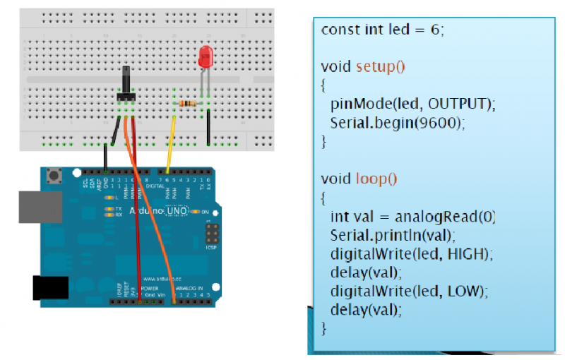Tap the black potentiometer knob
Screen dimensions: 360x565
pyautogui.click(x=126, y=79)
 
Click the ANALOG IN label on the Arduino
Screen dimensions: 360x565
pyautogui.click(x=189, y=289)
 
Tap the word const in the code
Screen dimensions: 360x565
pyautogui.click(x=336, y=30)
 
